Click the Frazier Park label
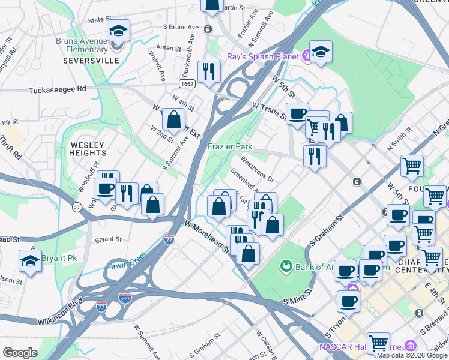coord(230,146)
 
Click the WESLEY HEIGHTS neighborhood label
coord(88,149)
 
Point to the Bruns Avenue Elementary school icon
coord(118,32)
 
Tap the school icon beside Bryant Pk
coord(30,260)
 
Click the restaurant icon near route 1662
coord(209,73)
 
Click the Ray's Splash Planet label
coord(263,57)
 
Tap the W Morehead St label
coord(208,236)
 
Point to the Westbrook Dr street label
coord(258,170)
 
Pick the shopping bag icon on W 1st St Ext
coord(173,120)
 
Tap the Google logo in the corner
coord(19,352)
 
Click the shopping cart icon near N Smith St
coord(412,166)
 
